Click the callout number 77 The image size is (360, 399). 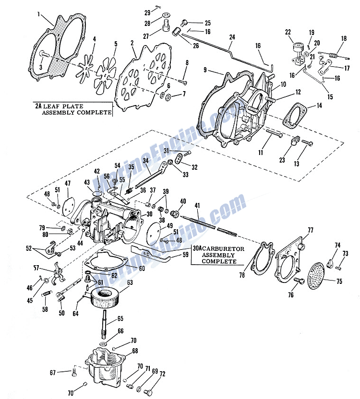310,230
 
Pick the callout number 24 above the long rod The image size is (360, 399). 232,37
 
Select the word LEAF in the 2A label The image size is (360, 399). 50,106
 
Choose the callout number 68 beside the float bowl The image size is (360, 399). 135,351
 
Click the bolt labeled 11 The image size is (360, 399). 274,133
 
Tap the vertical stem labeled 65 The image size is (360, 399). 106,324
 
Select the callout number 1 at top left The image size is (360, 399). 39,14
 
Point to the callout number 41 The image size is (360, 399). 197,205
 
